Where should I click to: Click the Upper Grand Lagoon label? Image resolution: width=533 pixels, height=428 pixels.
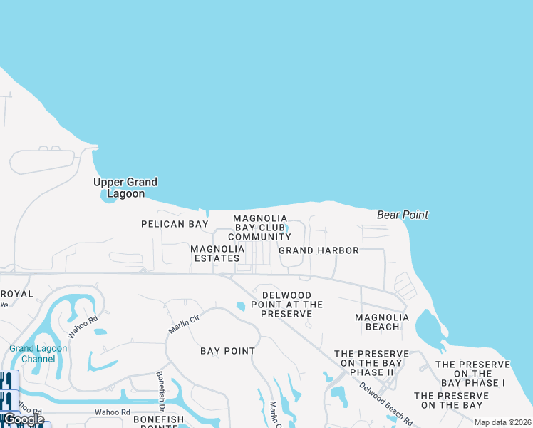[125, 188]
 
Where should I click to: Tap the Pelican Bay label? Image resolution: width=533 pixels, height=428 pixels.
[175, 224]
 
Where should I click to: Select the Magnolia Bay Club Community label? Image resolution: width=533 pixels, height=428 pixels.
[260, 228]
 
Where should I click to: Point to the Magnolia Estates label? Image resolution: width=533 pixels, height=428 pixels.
[218, 253]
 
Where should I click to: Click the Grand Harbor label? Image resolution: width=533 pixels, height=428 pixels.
[319, 250]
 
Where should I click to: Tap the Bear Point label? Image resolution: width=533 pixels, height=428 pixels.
[403, 215]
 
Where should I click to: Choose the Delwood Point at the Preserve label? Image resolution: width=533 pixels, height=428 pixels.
[286, 305]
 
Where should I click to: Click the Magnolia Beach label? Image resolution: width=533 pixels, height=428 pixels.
[382, 322]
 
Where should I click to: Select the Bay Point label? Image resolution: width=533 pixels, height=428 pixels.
[227, 351]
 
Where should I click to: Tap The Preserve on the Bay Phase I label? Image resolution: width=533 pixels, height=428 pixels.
[472, 374]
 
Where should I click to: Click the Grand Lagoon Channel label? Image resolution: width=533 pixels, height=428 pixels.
[38, 353]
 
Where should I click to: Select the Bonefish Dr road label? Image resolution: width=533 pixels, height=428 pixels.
[160, 389]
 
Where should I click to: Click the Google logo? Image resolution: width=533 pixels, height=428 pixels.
[24, 419]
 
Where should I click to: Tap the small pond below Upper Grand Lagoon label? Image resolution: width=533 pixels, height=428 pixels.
[110, 198]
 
